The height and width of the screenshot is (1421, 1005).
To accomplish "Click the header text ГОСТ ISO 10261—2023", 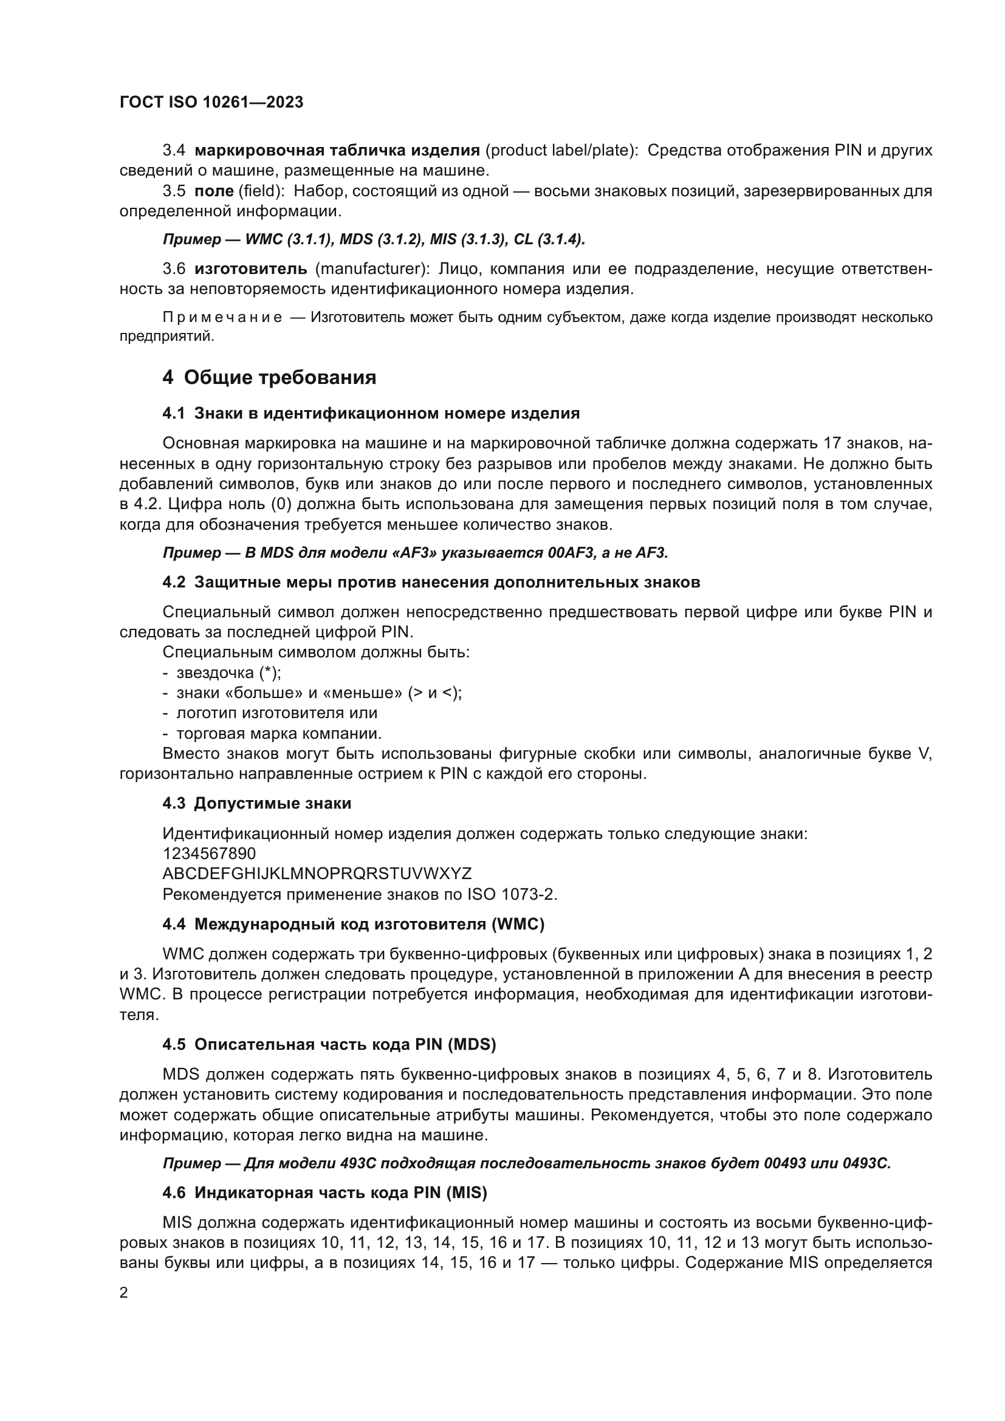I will coord(211,102).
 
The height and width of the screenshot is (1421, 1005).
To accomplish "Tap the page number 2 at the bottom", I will coord(124,1292).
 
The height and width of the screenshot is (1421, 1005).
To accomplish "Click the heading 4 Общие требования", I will coord(269,377).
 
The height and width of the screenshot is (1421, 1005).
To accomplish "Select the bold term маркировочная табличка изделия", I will coord(337,150).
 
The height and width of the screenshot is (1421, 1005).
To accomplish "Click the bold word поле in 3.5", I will coord(213,191).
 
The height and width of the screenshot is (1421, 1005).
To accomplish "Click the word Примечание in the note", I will coord(222,318).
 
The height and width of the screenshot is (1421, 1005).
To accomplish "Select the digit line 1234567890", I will coord(209,854).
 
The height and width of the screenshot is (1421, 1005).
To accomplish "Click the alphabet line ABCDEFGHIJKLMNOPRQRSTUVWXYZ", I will coord(317,873).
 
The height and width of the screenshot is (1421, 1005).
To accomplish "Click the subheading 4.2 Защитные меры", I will coord(431,582).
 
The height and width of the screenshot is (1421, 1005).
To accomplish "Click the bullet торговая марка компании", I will coord(278,733).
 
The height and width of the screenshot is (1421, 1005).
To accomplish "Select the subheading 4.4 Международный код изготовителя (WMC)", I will coord(354,924).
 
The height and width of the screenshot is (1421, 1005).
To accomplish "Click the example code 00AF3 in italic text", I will coord(572,553).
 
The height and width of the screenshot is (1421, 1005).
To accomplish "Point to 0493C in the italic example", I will coord(866,1163).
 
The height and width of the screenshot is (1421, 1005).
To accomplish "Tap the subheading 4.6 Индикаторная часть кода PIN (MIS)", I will coord(324,1193).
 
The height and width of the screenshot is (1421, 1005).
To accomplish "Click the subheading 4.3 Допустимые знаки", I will coord(257,803).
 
